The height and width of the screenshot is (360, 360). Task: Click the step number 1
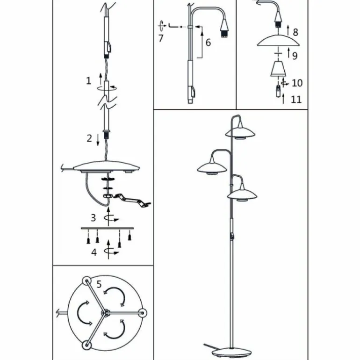88,81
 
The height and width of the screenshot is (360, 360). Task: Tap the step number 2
89,138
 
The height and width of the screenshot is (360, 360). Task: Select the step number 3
93,218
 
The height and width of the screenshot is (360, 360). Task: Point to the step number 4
94,252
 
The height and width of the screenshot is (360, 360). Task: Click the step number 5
99,284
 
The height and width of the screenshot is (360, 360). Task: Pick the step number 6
208,43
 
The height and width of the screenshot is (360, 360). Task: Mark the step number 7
161,38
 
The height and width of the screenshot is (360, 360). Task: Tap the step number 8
295,32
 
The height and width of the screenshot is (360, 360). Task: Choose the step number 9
295,56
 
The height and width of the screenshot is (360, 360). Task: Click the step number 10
297,83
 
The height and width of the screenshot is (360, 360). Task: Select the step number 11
296,100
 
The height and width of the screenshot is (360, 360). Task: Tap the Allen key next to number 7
173,26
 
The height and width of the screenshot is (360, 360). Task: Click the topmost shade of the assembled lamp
240,132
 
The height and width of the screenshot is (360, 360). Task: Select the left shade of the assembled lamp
212,167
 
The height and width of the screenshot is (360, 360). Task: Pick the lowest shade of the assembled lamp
242,194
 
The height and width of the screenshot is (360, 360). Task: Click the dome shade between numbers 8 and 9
278,40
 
